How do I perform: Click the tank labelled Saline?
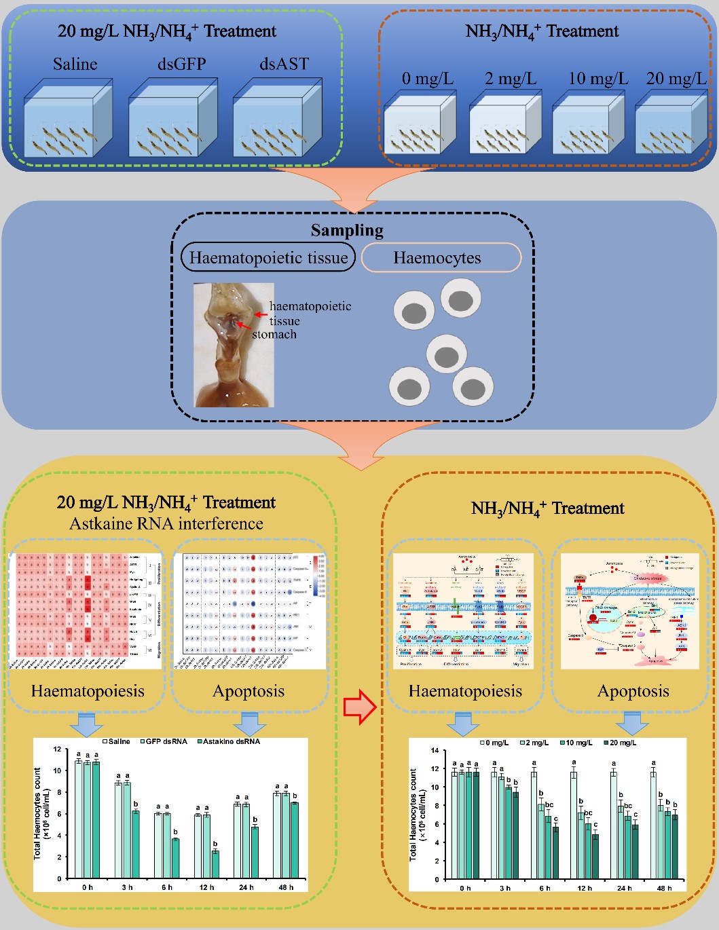[68, 118]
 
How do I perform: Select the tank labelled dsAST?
[277, 118]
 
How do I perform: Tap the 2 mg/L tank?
[505, 124]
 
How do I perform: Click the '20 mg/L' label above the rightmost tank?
[676, 79]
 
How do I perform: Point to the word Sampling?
[347, 231]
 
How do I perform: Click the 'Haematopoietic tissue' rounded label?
[268, 258]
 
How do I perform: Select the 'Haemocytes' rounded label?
[437, 258]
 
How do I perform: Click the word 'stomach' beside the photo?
[274, 334]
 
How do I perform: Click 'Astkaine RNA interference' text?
[166, 523]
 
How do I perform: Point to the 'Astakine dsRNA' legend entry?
[228, 741]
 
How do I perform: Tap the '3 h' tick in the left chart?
[127, 887]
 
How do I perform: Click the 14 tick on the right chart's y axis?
[435, 751]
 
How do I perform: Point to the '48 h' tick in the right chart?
[664, 888]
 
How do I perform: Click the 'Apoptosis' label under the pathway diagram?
[633, 691]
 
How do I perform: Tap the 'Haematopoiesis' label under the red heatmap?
[88, 691]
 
